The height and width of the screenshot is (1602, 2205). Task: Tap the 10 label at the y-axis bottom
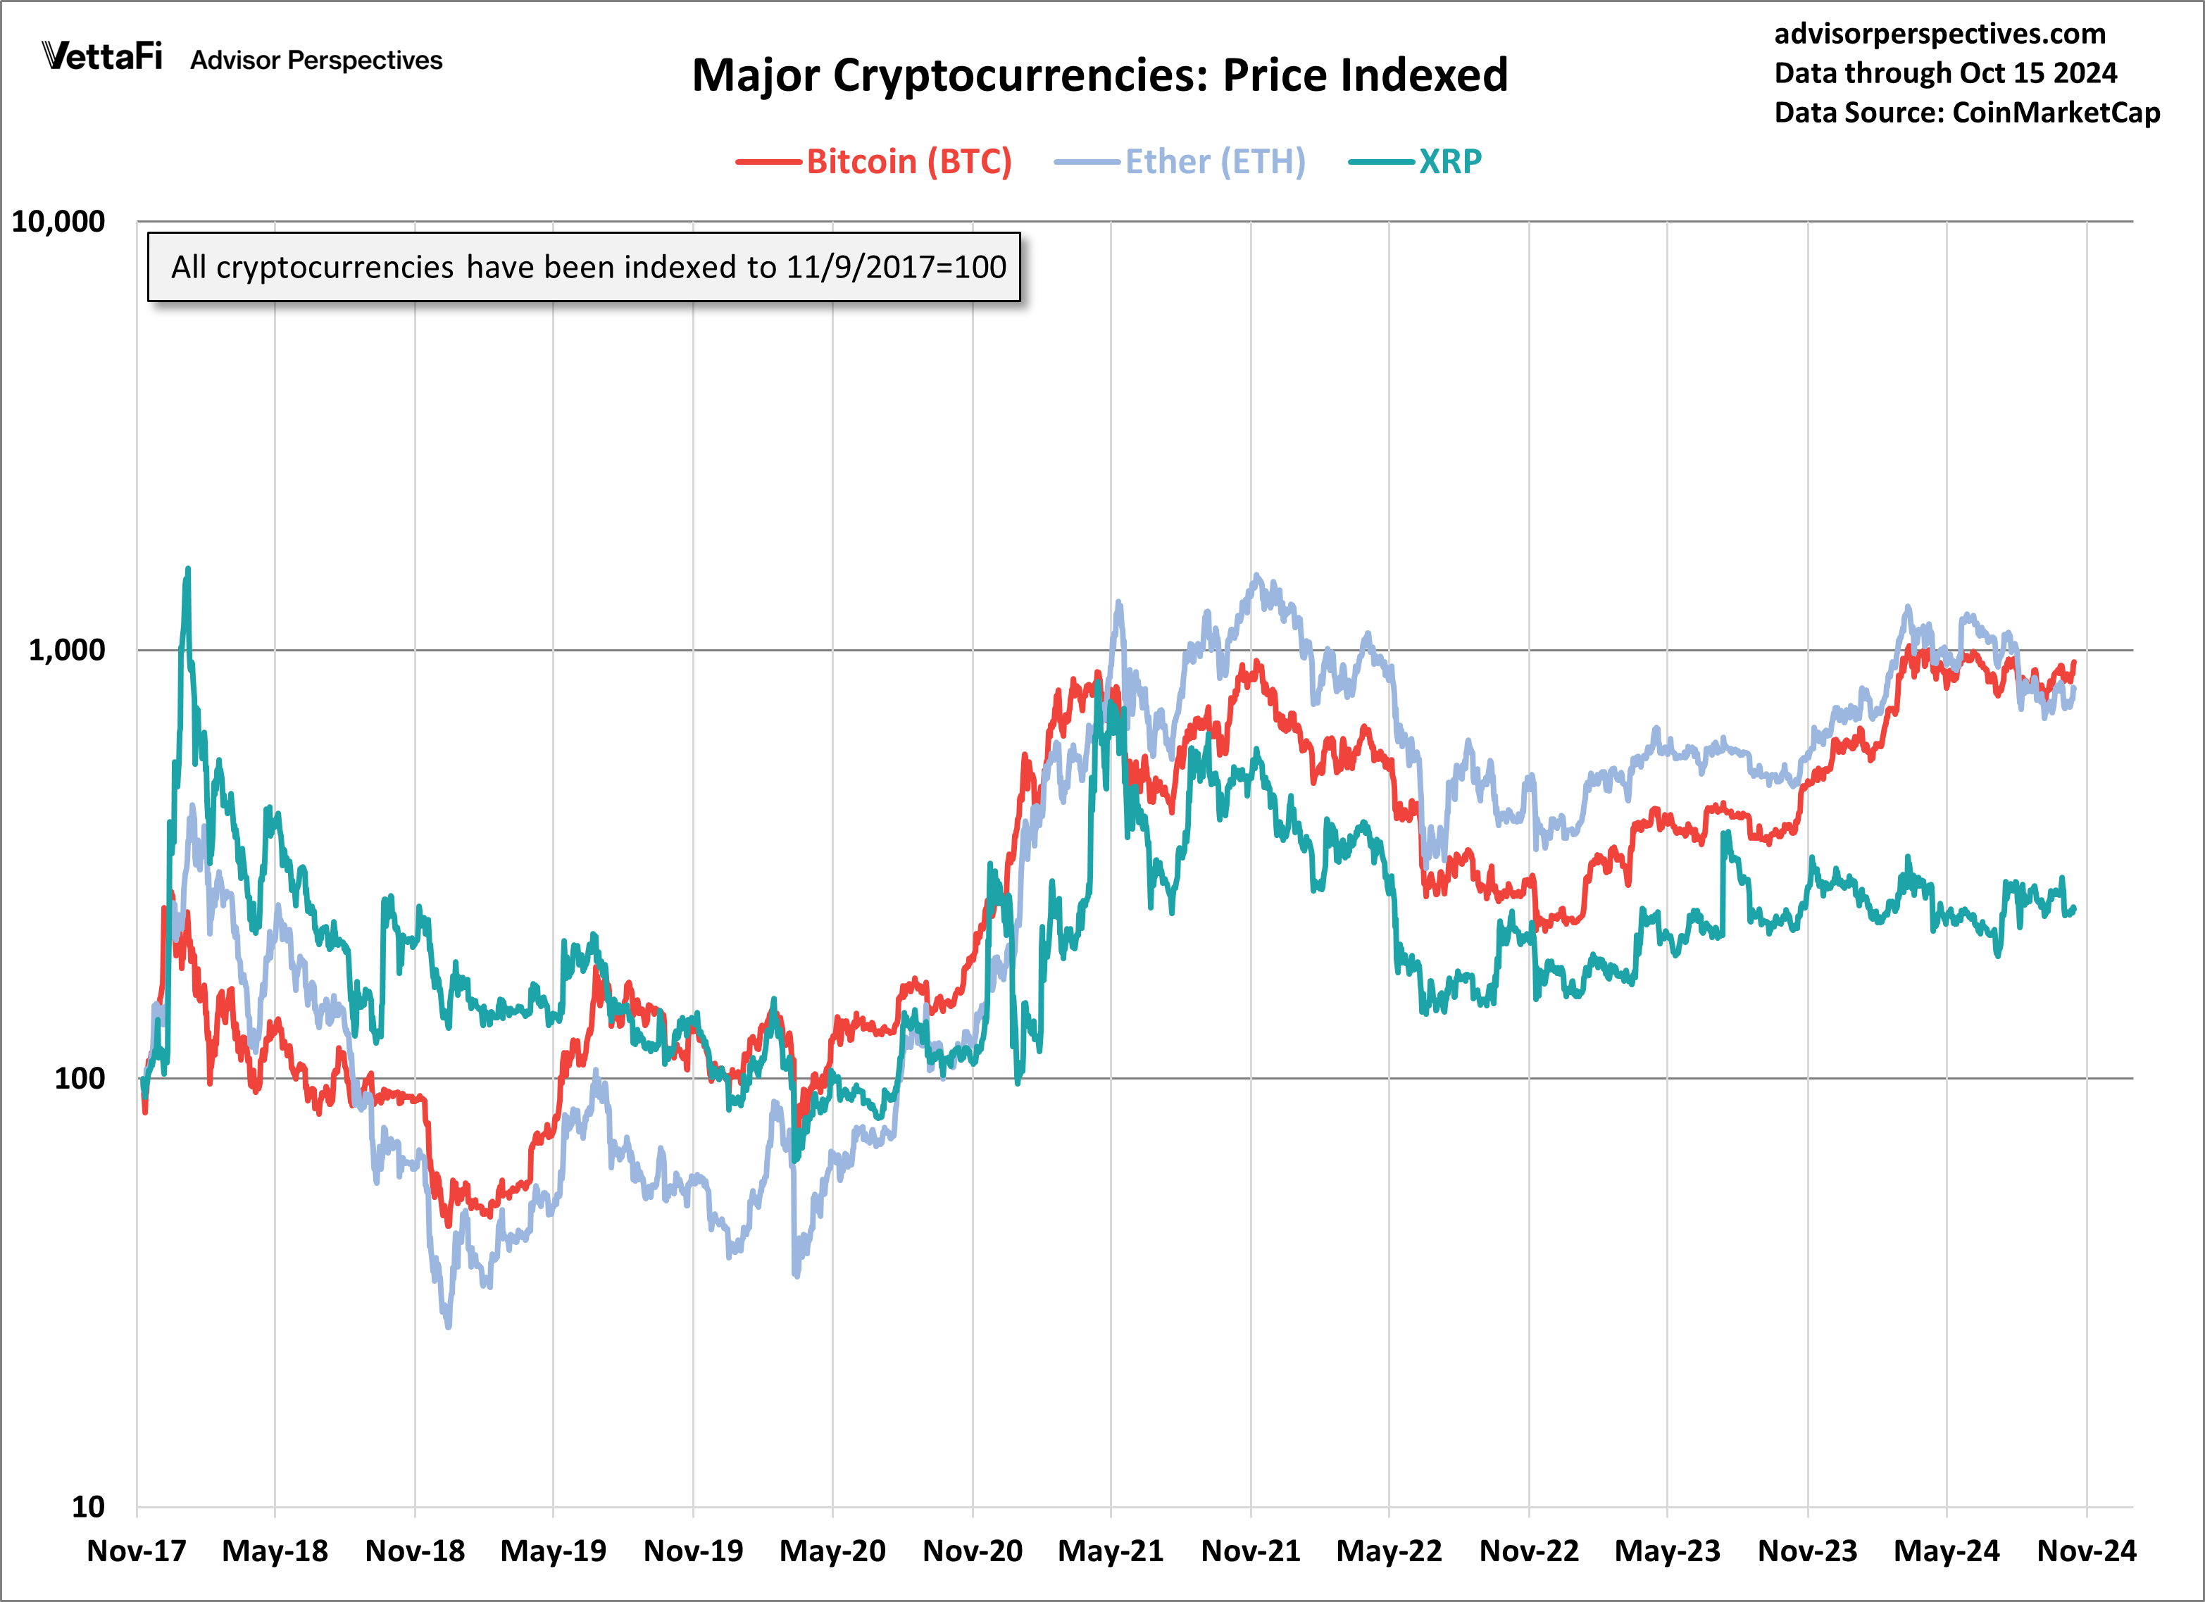click(87, 1507)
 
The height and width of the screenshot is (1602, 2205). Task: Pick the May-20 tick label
click(832, 1551)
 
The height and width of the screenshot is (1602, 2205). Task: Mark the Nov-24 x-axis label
click(2087, 1551)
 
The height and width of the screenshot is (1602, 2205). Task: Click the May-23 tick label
click(1668, 1551)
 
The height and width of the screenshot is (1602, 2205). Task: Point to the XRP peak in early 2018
click(187, 570)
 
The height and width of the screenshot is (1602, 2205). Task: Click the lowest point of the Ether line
click(448, 1325)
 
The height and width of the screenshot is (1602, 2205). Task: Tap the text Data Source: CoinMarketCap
click(1967, 113)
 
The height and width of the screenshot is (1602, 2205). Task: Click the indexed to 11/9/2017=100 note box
click(583, 266)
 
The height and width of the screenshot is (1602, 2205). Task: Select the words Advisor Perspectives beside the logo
click(316, 61)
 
